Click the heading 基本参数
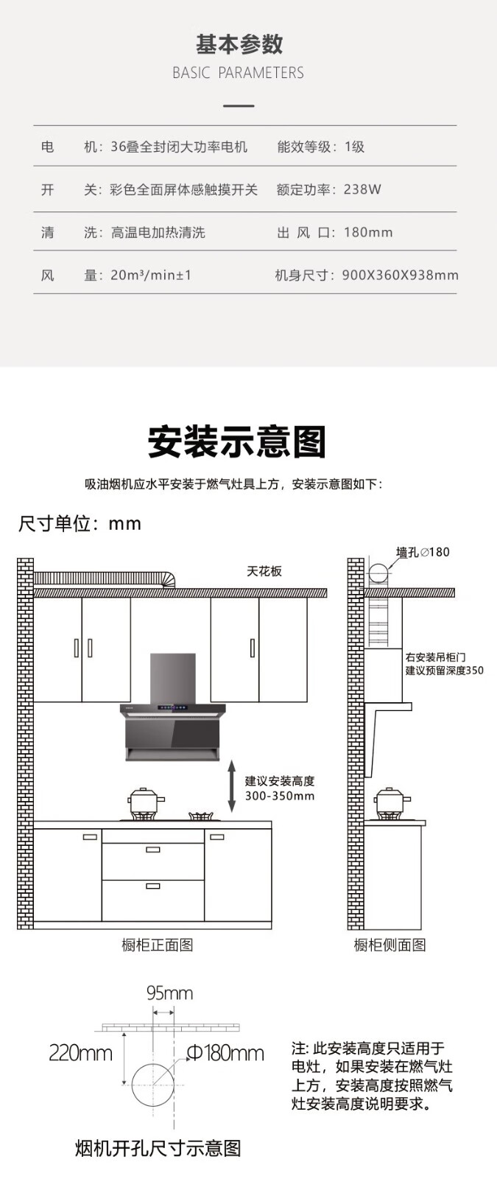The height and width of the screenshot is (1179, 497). point(239,44)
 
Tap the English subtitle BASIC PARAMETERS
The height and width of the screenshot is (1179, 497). point(238,73)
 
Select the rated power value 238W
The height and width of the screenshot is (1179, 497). point(362,189)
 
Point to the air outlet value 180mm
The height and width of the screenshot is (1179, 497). point(368,232)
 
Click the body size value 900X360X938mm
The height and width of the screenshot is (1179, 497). point(400,275)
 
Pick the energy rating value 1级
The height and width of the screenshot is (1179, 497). point(354,147)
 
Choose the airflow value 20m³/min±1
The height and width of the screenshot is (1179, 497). point(151,275)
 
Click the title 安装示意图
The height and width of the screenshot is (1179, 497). point(237,441)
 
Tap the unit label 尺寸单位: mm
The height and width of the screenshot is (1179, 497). point(80,524)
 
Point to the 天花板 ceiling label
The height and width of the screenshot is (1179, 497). point(264,571)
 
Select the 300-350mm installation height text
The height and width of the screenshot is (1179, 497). point(280,796)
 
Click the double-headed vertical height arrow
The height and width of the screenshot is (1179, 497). point(231,786)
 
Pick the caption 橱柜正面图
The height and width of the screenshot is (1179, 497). point(157,945)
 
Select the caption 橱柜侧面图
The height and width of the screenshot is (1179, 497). point(390,945)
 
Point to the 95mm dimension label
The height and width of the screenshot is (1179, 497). point(169,993)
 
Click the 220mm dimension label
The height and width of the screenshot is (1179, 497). point(80,1053)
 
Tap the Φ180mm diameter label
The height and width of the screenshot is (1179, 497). point(225,1053)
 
